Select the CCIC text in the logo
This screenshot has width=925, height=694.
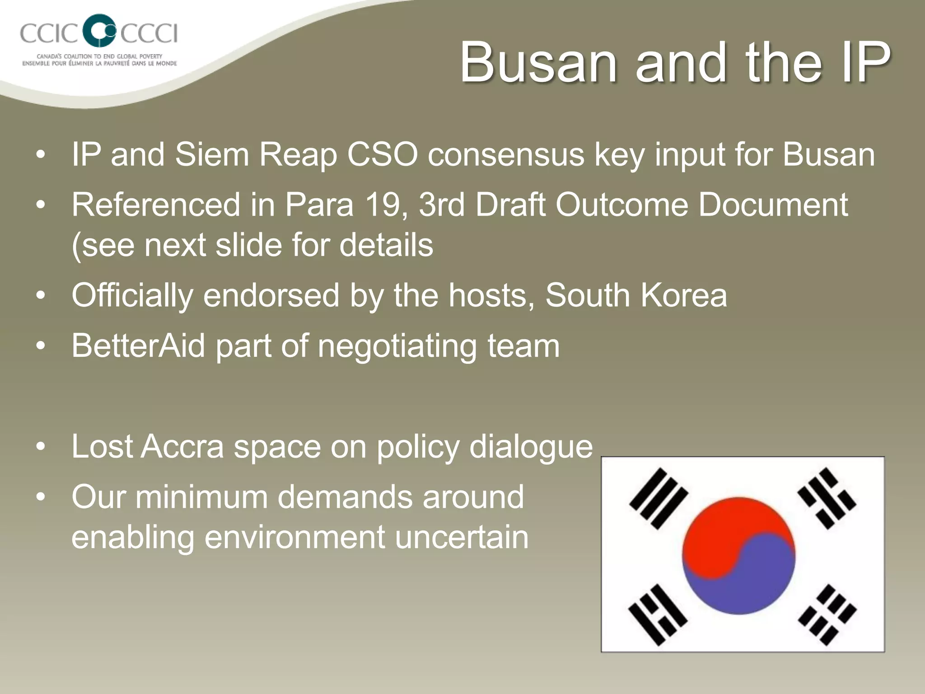point(49,33)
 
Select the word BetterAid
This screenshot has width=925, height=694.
point(138,346)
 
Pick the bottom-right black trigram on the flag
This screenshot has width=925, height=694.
point(827,614)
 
